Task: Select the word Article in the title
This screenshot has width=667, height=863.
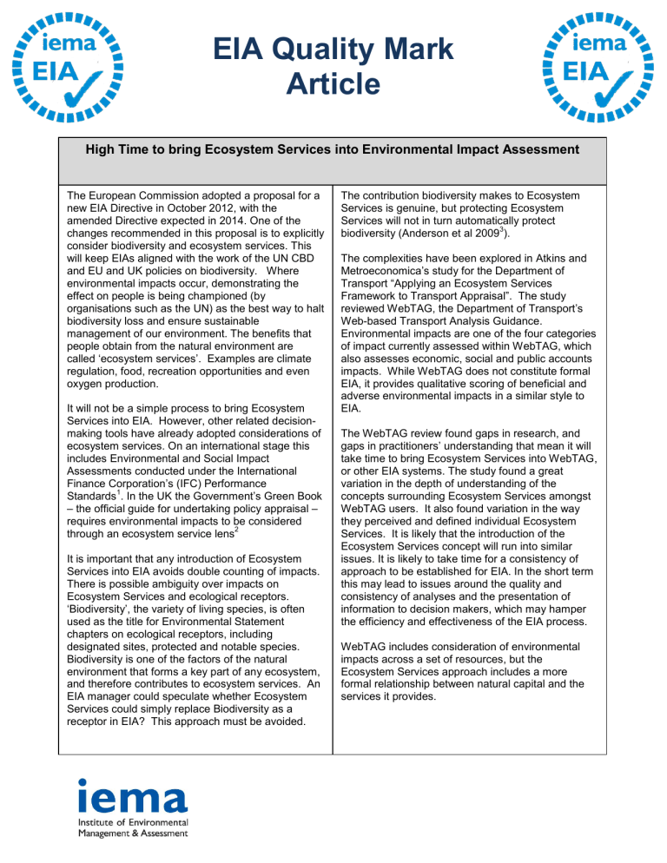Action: [x=333, y=84]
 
